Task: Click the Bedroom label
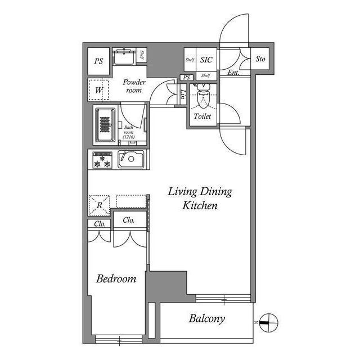coord(116,279)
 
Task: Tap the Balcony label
coord(206,319)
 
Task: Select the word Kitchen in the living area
coord(200,205)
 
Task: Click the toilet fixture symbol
coord(203,96)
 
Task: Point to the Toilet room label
coord(202,116)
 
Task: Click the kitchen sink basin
coord(131,159)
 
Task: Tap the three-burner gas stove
coord(102,160)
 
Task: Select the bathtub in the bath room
coord(105,125)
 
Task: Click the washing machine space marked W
coord(98,90)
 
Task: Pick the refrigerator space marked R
coord(100,205)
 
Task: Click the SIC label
coord(206,60)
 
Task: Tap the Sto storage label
coord(260,59)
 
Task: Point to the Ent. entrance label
coord(233,73)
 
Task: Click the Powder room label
coord(134,86)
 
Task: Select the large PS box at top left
coord(99,61)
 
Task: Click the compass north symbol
coord(268,322)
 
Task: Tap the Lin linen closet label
coord(183,94)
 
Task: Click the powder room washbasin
coord(124,56)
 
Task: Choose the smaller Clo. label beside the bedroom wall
coord(100,224)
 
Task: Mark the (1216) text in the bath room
coord(129,137)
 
